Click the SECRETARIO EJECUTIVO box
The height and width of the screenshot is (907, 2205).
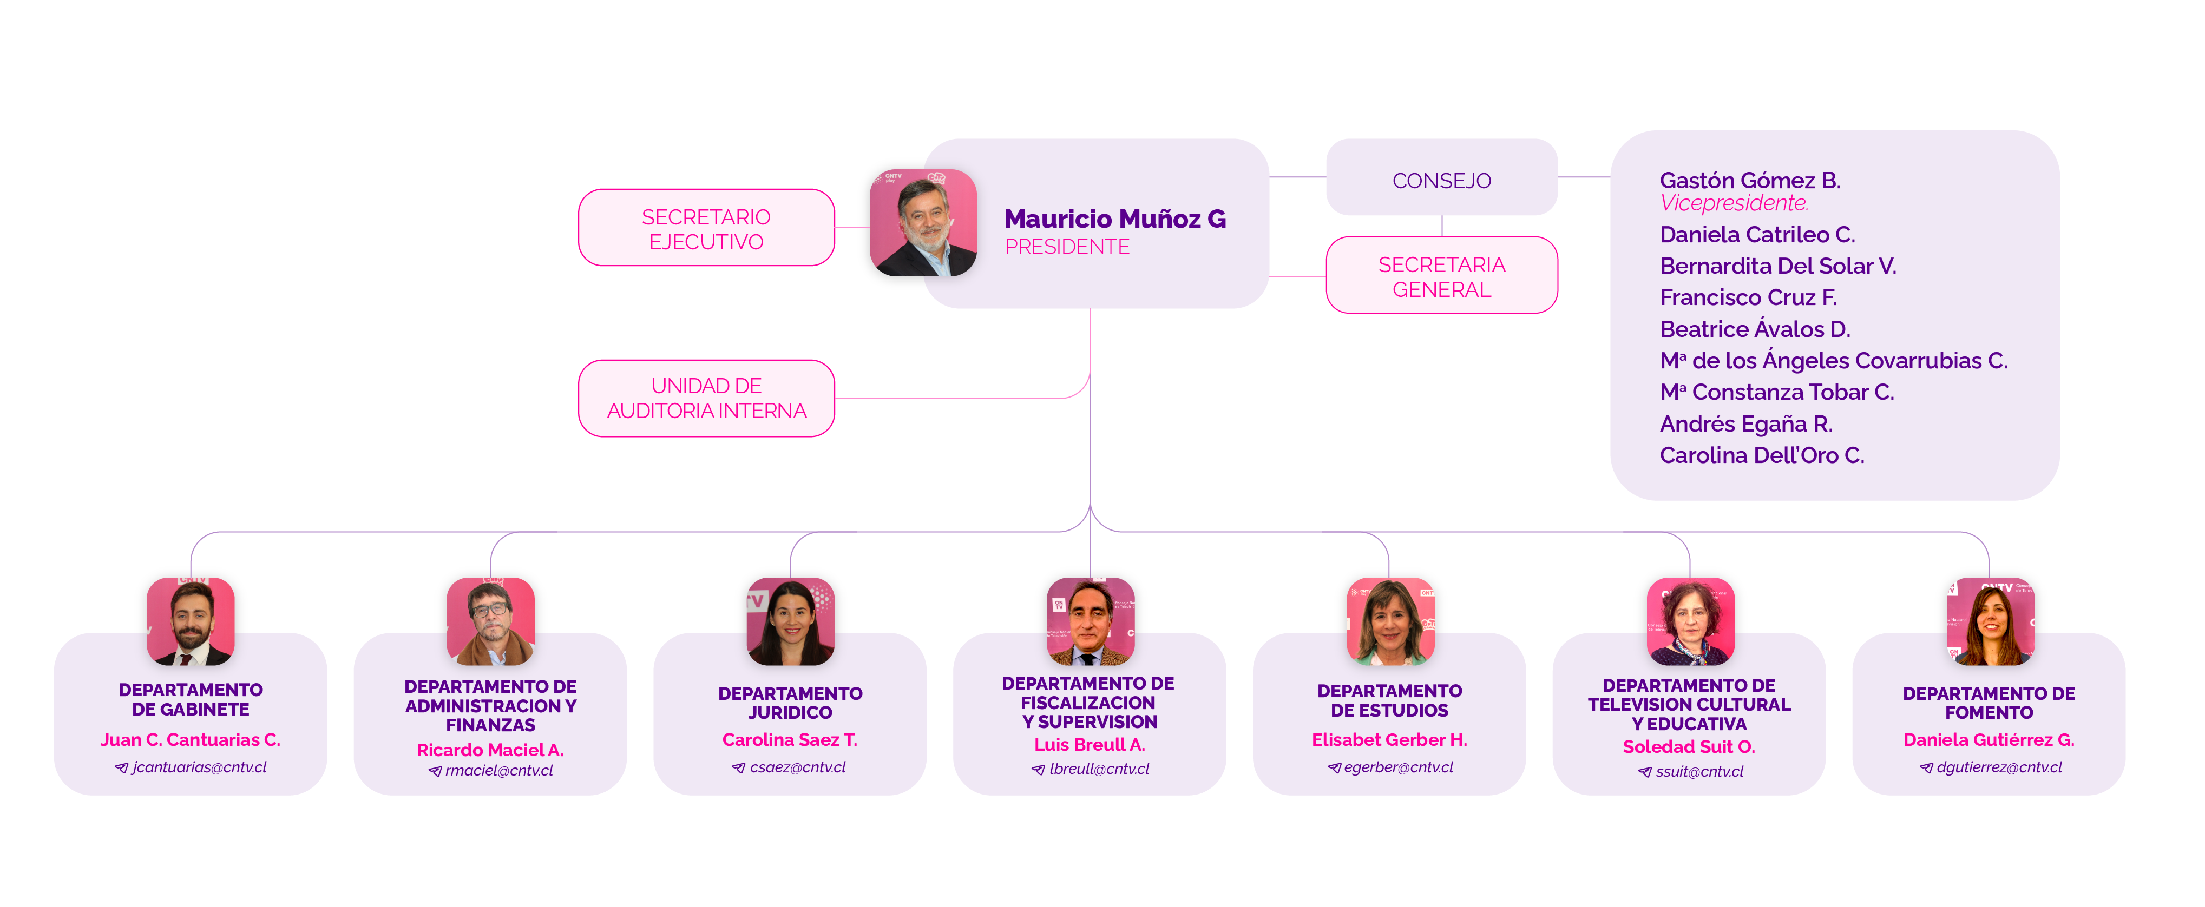click(706, 228)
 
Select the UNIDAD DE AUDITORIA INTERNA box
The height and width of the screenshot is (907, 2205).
click(706, 399)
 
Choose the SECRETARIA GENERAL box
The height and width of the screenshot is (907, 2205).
click(1441, 276)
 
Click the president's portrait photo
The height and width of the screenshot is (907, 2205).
click(923, 222)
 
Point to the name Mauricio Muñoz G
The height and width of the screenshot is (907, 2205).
click(1114, 219)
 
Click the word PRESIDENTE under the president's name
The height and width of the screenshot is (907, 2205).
click(1067, 247)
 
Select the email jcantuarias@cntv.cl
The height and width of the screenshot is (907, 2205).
click(199, 767)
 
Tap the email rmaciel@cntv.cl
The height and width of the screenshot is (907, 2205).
click(499, 771)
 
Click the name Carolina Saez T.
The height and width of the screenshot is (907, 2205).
click(789, 740)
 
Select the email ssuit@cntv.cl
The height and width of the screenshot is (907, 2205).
click(1699, 772)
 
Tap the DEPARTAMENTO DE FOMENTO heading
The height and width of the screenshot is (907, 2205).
click(1989, 703)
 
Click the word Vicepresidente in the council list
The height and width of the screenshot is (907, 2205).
click(1734, 204)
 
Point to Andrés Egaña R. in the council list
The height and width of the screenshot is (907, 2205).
click(1745, 425)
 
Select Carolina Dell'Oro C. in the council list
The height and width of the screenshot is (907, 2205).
click(1762, 456)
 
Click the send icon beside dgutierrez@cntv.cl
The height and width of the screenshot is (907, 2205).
click(1926, 769)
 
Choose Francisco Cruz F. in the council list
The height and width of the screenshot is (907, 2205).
click(1748, 298)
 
